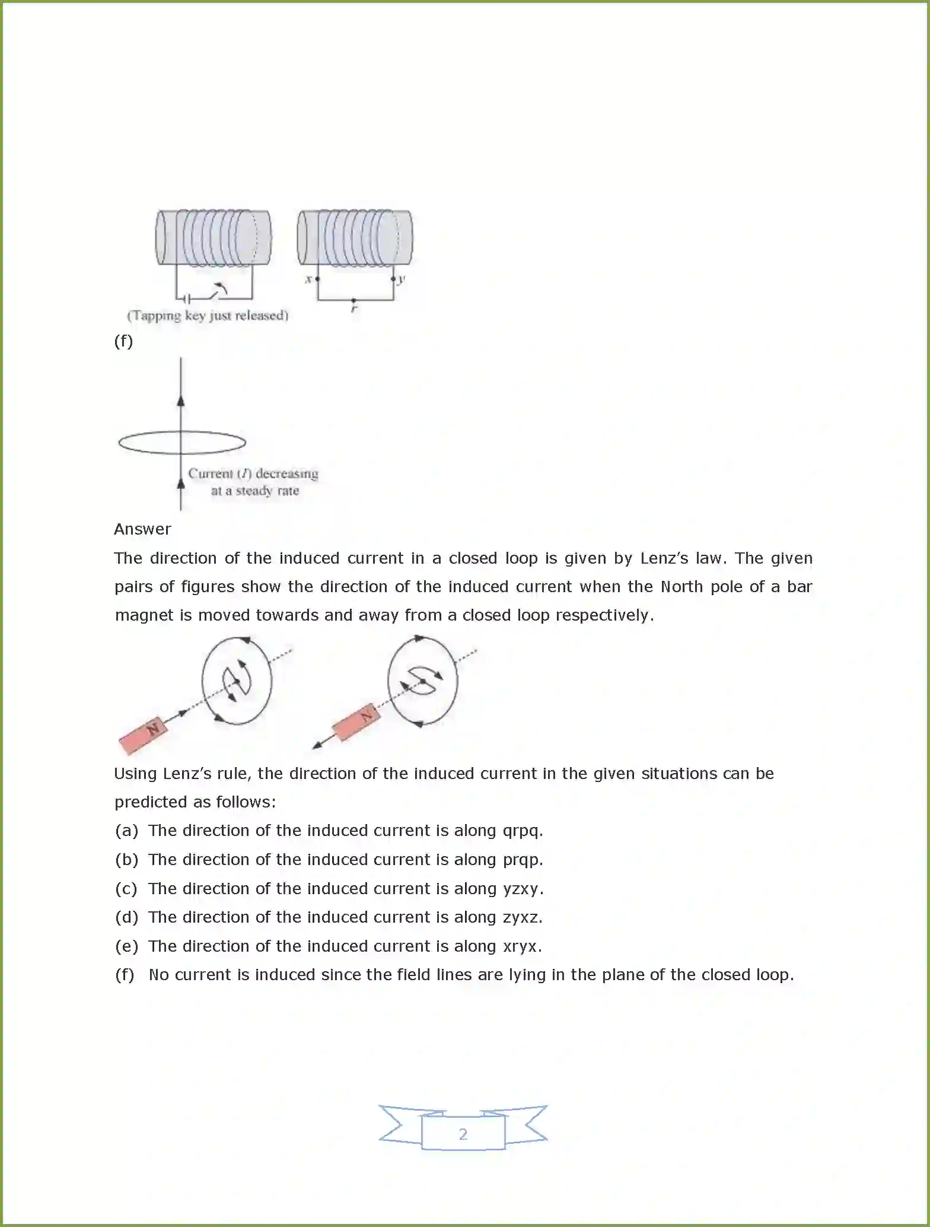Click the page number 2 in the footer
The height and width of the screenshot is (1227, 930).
[463, 1134]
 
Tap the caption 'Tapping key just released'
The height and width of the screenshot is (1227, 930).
[208, 316]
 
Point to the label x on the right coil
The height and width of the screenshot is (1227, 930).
[308, 279]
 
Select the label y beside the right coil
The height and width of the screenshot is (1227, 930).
[402, 279]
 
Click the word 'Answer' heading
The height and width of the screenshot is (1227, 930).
[142, 529]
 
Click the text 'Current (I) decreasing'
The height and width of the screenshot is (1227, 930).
[253, 473]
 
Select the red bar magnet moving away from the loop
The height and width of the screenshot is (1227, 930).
[355, 723]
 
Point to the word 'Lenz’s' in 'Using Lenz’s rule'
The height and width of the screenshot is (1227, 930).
[187, 774]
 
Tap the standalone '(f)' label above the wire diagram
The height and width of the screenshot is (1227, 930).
[123, 341]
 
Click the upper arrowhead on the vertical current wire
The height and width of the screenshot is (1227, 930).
[181, 400]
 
